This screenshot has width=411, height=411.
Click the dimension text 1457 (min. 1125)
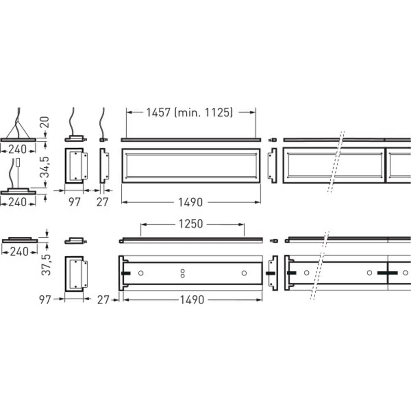tap(189, 113)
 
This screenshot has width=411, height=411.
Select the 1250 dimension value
tap(191, 224)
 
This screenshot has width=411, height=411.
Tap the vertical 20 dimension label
tap(45, 122)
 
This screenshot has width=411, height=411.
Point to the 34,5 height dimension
tap(45, 167)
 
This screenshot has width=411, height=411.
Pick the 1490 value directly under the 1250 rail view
tap(192, 300)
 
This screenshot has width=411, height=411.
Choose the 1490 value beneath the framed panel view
tap(191, 202)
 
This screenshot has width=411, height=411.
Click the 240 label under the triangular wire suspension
tap(18, 150)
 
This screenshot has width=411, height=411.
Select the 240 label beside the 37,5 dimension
tap(19, 252)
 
